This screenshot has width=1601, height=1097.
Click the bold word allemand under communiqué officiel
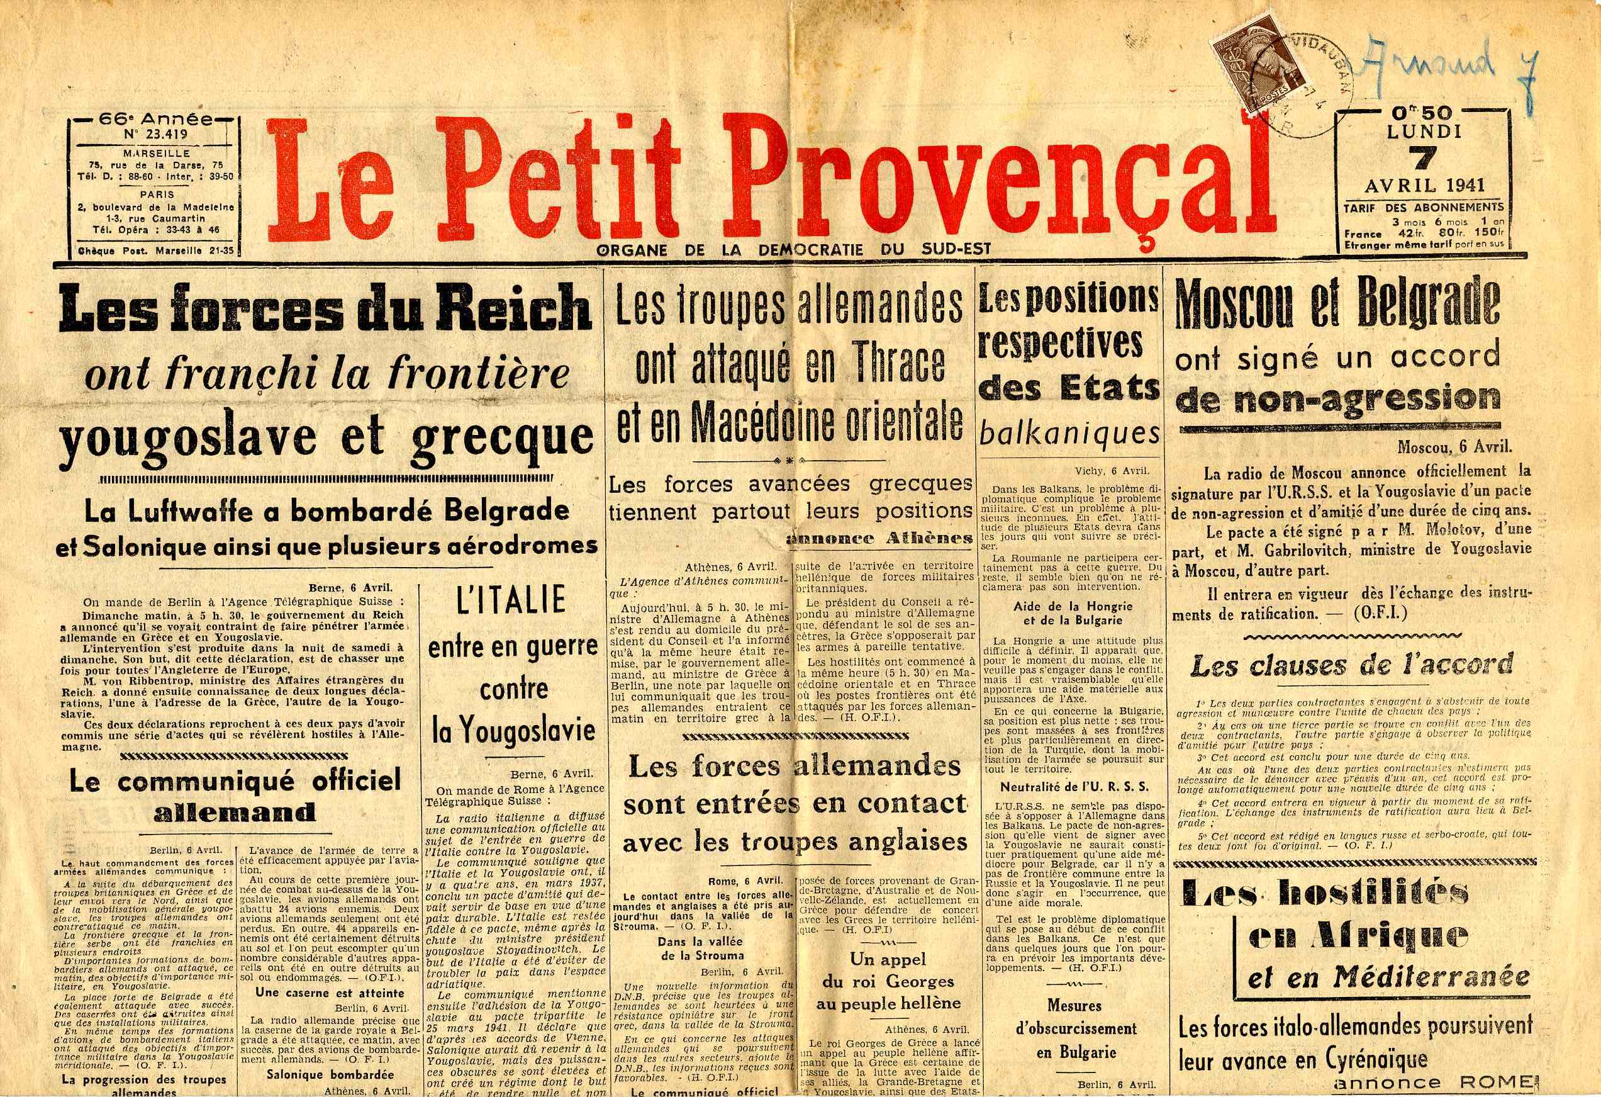click(234, 813)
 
